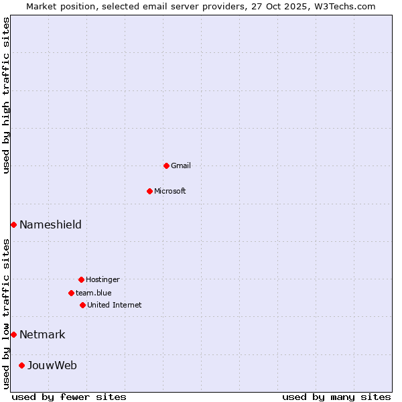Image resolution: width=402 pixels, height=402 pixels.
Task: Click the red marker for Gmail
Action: coord(166,165)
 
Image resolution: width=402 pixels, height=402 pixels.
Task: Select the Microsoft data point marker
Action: coord(149,191)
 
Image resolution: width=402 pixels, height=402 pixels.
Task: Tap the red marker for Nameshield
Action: coord(13,224)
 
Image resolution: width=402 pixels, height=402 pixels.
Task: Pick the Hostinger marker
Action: coord(81,279)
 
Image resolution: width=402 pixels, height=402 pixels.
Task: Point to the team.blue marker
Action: coord(71,293)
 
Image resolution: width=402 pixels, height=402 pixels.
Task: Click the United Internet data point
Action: coord(82,305)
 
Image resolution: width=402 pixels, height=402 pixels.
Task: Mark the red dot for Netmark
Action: coord(13,334)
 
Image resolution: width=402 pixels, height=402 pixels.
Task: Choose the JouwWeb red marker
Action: coord(21,365)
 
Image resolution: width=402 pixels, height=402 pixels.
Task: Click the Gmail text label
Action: coord(181,165)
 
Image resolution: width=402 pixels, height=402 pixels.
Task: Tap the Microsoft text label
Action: coord(170,191)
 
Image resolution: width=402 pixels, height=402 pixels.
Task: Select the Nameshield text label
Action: coord(50,224)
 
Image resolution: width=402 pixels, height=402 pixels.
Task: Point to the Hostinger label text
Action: coord(103,279)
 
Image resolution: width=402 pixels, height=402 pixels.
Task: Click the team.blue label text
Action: coord(94,293)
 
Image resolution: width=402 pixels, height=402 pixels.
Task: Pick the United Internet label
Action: coord(115,305)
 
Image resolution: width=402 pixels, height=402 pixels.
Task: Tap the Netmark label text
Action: coord(42,334)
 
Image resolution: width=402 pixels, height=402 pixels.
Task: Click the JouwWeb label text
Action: coord(52,365)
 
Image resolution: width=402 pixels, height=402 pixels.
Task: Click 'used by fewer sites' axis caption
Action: coord(69,397)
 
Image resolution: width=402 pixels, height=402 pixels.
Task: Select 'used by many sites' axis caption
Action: coord(336,397)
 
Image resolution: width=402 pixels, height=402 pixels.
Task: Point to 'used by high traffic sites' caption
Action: coord(7,95)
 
